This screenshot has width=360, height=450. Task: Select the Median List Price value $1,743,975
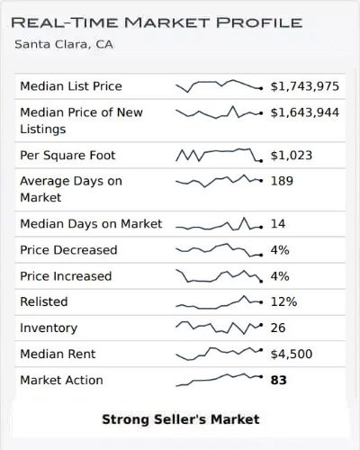tap(305, 86)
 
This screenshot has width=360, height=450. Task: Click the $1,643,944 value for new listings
tap(305, 112)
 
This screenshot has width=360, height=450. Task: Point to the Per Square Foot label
tap(67, 156)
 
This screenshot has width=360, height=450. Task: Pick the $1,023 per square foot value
tap(292, 156)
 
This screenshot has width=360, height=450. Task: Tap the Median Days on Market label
tap(91, 224)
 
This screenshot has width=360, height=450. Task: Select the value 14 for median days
tap(279, 224)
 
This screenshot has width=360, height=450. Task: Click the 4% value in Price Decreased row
tap(280, 250)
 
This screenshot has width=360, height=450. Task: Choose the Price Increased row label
tap(66, 276)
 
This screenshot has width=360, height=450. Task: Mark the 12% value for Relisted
tap(284, 302)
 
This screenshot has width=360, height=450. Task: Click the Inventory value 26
tap(280, 328)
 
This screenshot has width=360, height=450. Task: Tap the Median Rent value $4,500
tap(292, 355)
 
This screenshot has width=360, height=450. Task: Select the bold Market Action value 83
tap(279, 381)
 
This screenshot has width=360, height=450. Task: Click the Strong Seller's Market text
tap(180, 419)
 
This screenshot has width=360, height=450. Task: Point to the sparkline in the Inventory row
tap(218, 327)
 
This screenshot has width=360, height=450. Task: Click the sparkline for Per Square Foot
tap(218, 155)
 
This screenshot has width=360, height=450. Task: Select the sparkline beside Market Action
tap(218, 379)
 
